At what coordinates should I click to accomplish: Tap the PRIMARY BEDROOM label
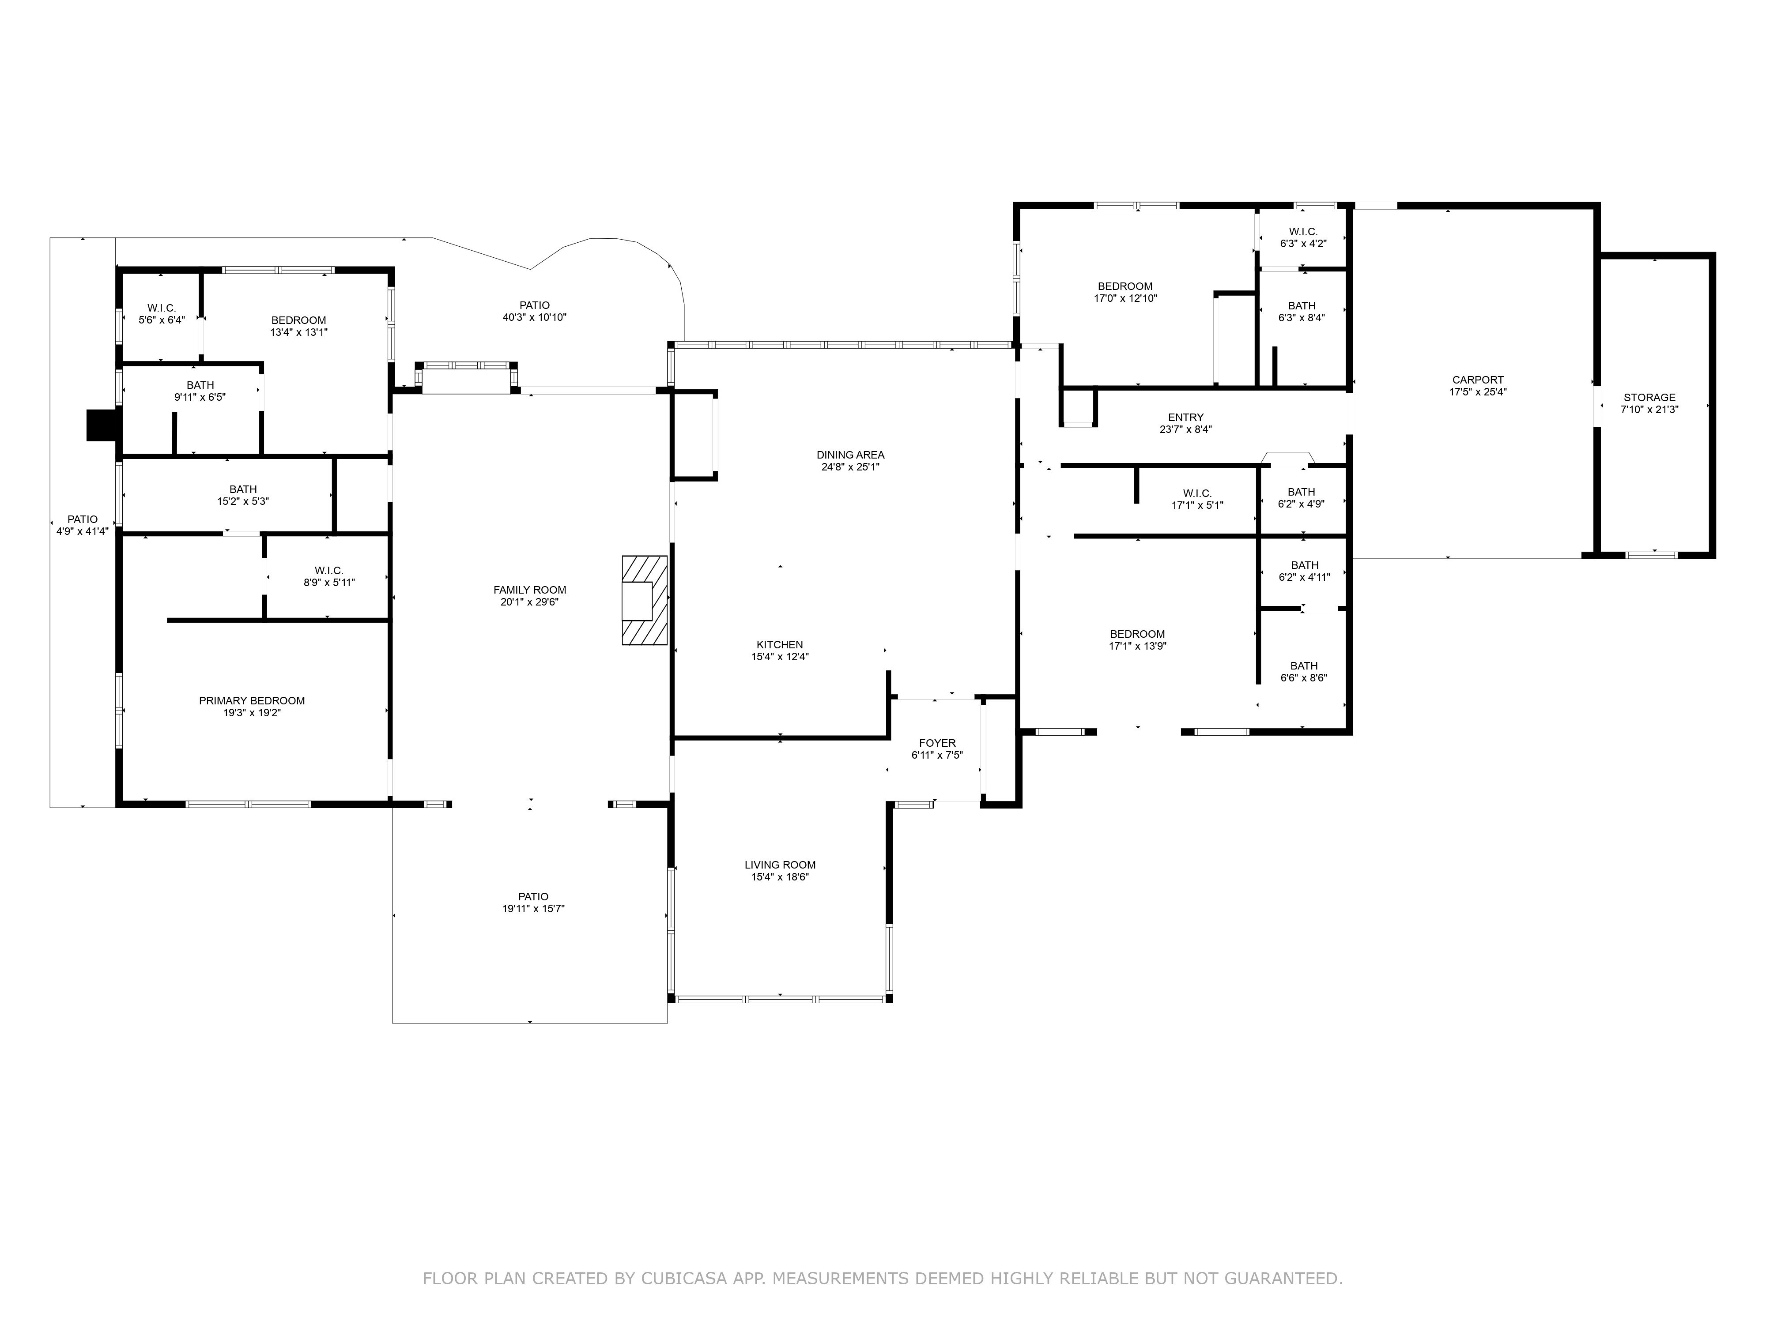tap(252, 701)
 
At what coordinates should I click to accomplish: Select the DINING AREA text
tap(850, 455)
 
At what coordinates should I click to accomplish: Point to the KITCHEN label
tap(780, 645)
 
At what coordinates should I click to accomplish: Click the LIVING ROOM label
tap(780, 864)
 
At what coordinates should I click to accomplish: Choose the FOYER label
tap(937, 743)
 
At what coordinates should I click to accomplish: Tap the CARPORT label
tap(1478, 380)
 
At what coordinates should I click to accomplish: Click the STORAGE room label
tap(1649, 398)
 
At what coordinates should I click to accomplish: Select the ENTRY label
tap(1185, 418)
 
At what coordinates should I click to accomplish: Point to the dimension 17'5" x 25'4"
tap(1478, 392)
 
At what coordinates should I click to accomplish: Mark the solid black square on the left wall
tap(102, 425)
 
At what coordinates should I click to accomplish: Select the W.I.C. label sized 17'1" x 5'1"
tap(1197, 493)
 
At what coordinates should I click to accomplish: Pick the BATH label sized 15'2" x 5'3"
tap(244, 489)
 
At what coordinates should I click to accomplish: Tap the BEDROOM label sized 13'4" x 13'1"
tap(298, 320)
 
